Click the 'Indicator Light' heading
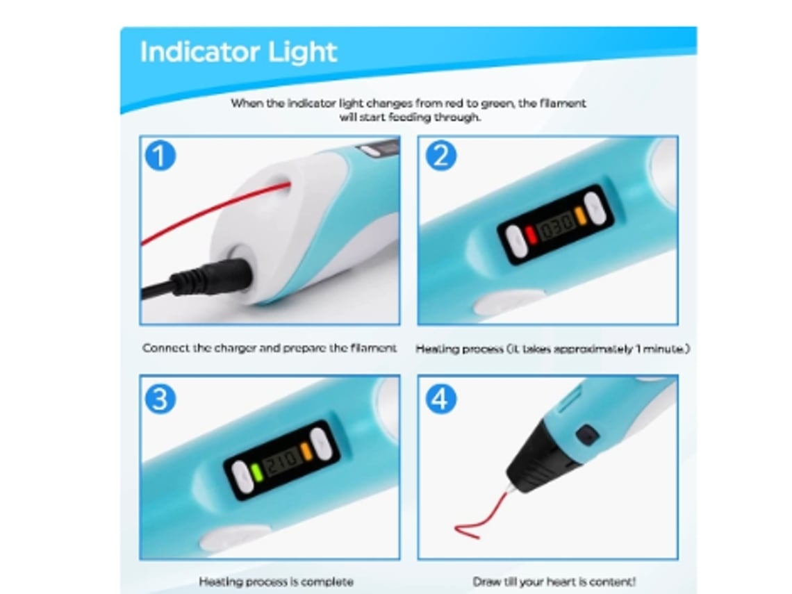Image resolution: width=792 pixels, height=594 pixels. click(x=238, y=53)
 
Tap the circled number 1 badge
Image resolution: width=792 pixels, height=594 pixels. click(x=160, y=156)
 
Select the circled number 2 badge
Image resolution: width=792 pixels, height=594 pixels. click(x=440, y=156)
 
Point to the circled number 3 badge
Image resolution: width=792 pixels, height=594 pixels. click(x=160, y=399)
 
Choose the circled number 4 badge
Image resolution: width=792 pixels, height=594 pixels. click(x=440, y=399)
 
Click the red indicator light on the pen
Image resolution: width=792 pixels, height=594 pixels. click(x=531, y=235)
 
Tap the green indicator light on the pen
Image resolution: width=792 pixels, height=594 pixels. click(x=256, y=472)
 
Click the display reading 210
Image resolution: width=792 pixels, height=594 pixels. click(x=281, y=461)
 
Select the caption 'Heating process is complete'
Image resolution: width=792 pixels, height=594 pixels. click(x=276, y=582)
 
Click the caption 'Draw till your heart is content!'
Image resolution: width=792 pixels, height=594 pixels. click(x=554, y=582)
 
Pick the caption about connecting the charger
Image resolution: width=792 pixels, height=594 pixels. click(x=270, y=348)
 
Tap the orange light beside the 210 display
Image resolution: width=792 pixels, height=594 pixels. click(x=306, y=451)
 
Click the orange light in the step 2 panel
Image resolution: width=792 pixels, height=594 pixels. click(x=580, y=215)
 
